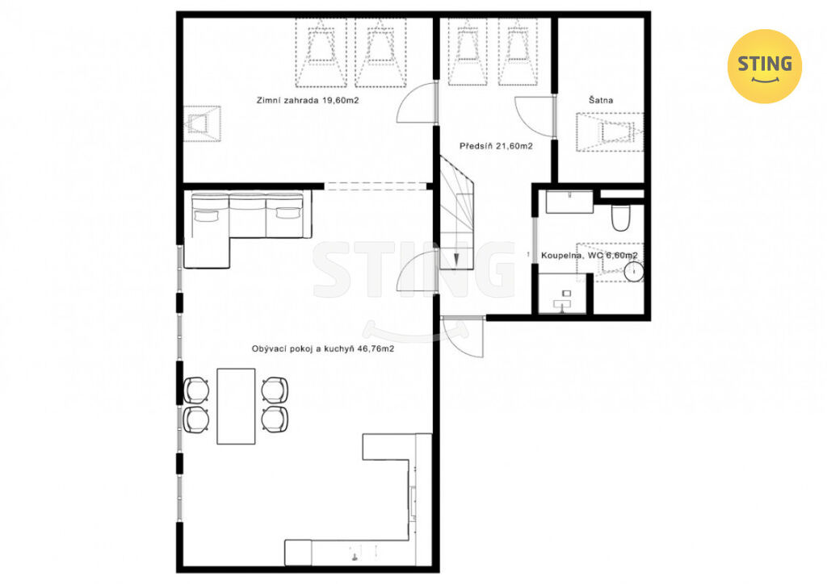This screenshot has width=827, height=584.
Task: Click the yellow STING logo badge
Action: pos(764,66)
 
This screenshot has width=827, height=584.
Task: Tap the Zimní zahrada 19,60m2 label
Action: pos(308,100)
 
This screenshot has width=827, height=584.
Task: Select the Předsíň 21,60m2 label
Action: pos(496,146)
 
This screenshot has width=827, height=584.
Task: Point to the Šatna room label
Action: pos(601,99)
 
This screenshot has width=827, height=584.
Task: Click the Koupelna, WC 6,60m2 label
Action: pos(589,256)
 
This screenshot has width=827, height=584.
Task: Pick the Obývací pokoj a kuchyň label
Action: pos(323,348)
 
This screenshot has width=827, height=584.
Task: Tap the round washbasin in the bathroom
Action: pos(633,272)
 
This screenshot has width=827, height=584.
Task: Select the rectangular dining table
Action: pos(236,406)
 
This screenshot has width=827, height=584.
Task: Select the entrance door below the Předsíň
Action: pos(462,337)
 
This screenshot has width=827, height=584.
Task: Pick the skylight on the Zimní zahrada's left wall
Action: pos(202,123)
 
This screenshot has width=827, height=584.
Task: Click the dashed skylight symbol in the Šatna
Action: pos(611,132)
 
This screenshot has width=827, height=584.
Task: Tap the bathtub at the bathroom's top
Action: pos(569,202)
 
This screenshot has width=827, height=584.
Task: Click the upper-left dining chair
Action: pos(196,390)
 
